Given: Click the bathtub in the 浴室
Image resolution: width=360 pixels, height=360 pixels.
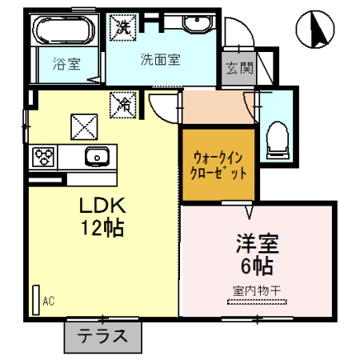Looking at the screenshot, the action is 63,30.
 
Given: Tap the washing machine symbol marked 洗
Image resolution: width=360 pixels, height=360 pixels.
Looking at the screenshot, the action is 123,27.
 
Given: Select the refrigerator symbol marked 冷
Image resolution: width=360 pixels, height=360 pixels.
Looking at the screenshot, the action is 123,105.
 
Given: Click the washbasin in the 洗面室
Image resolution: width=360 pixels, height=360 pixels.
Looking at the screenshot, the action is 198,23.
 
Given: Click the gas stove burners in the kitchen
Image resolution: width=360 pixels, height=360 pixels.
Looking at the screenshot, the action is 43,158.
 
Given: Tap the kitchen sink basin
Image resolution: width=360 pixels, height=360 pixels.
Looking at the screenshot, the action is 97,157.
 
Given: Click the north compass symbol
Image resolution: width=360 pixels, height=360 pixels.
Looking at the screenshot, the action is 315,30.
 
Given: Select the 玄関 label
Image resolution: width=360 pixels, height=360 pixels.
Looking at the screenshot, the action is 239,69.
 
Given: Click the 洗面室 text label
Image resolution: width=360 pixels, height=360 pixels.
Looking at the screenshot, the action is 161,60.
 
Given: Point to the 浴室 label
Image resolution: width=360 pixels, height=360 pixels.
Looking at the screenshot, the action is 66,64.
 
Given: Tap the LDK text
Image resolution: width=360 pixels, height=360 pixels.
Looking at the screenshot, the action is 102,206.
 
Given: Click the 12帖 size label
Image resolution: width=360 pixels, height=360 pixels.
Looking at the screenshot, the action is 102,228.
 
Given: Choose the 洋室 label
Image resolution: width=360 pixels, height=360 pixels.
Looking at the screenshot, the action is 258,244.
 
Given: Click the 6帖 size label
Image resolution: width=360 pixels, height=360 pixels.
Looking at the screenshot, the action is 258,266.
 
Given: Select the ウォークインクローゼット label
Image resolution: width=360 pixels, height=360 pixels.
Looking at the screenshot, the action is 218,166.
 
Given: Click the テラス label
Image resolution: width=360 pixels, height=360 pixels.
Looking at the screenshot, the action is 102,336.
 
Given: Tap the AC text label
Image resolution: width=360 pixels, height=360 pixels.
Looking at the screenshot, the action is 49,302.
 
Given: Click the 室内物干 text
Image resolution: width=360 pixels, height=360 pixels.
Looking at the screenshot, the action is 257,290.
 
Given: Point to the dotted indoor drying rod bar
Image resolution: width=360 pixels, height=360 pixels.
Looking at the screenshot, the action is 257,302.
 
